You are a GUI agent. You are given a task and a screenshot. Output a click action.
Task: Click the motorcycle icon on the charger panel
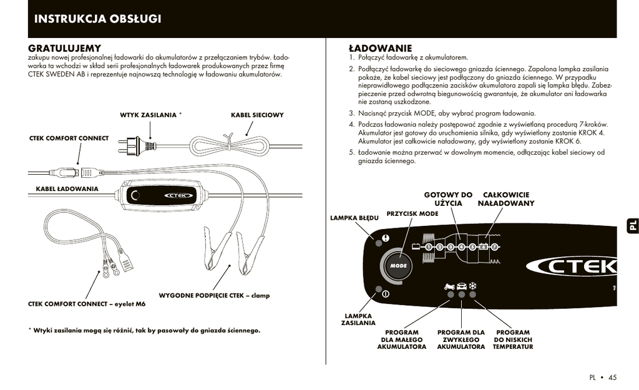tap(449, 286)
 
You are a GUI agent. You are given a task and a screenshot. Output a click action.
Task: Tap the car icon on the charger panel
tap(462, 286)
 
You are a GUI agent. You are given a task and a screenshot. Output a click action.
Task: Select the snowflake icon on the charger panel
tap(473, 286)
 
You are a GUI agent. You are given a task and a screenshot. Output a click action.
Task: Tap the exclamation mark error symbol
tap(386, 238)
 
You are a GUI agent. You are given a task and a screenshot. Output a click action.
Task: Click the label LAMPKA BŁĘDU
tap(354, 218)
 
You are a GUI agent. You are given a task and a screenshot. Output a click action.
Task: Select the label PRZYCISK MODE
tap(412, 213)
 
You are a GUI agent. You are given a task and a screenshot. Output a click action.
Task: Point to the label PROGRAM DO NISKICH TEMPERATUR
tap(512, 339)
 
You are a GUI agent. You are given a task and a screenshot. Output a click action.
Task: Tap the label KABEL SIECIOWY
tap(257, 115)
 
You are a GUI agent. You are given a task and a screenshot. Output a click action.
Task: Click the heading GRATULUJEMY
tap(65, 48)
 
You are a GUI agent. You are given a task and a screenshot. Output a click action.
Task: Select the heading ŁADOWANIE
tap(380, 48)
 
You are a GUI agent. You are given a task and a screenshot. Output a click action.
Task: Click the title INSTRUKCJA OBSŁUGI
tap(97, 19)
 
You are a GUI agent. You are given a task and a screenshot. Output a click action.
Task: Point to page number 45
tap(612, 377)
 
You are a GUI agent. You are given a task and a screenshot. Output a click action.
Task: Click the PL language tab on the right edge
tap(631, 226)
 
